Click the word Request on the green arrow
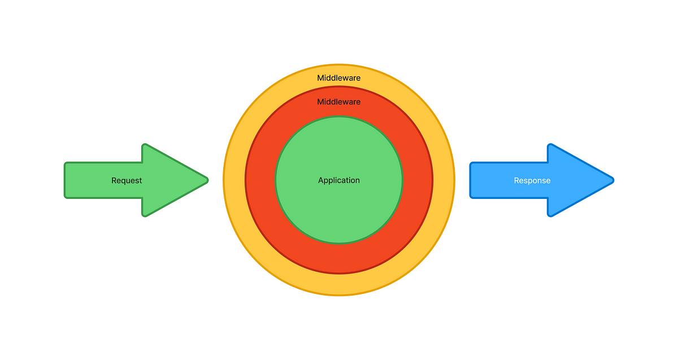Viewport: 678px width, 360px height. (x=127, y=181)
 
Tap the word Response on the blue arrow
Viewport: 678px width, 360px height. (x=532, y=181)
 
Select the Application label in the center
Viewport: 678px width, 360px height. (x=339, y=180)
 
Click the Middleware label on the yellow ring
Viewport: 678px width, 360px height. (x=339, y=78)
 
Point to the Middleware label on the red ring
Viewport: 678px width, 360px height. (x=339, y=102)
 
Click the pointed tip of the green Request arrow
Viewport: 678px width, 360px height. (x=207, y=180)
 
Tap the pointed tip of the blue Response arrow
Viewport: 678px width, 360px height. (x=612, y=180)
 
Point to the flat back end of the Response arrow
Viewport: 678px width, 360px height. (x=471, y=180)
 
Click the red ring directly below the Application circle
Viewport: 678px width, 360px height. (x=339, y=259)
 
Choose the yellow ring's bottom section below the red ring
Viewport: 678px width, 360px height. (x=339, y=284)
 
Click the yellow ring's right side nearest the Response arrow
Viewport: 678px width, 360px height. (x=444, y=180)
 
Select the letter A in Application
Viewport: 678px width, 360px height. (x=321, y=180)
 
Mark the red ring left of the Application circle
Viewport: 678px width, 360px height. (x=260, y=180)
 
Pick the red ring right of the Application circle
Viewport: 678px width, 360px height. (x=418, y=180)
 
